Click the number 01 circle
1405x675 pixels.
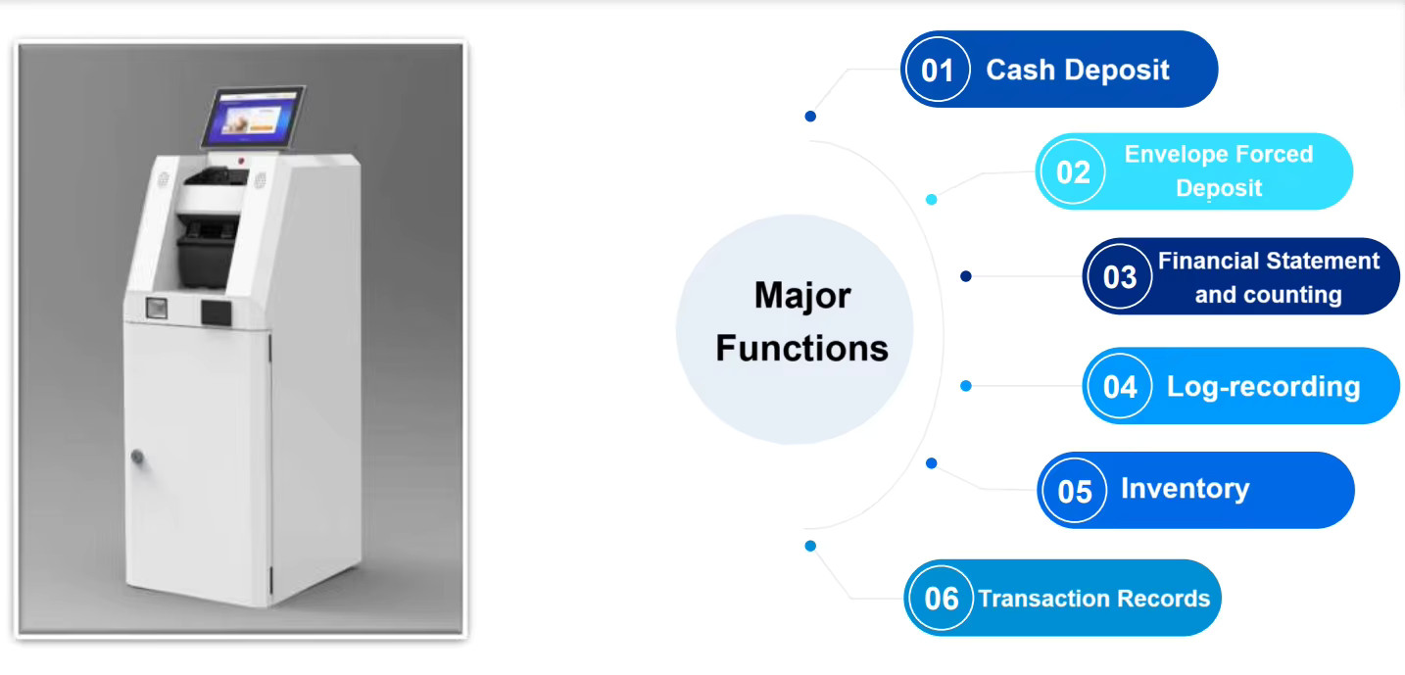tap(938, 69)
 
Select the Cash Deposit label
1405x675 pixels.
tap(1078, 70)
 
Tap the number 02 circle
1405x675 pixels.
tap(1073, 171)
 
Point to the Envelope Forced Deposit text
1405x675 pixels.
tap(1219, 170)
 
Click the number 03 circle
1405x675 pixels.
tap(1120, 276)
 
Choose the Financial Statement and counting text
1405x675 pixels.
tap(1268, 277)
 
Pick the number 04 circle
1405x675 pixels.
tap(1120, 386)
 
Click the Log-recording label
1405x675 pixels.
tap(1263, 387)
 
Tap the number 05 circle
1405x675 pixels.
tap(1075, 491)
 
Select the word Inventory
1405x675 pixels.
tap(1185, 489)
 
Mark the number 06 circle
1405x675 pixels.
tap(941, 598)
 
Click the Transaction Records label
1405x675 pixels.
tap(1093, 599)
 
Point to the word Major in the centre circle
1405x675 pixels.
tap(802, 295)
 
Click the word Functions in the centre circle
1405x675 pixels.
tap(801, 348)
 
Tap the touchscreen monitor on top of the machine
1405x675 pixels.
tap(254, 118)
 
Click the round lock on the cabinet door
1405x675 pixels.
tap(137, 457)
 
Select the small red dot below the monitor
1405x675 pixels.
tap(241, 162)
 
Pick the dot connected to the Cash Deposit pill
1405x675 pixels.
tap(810, 116)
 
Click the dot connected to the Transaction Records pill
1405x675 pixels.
tap(810, 546)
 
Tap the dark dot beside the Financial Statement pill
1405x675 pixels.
tap(966, 276)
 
